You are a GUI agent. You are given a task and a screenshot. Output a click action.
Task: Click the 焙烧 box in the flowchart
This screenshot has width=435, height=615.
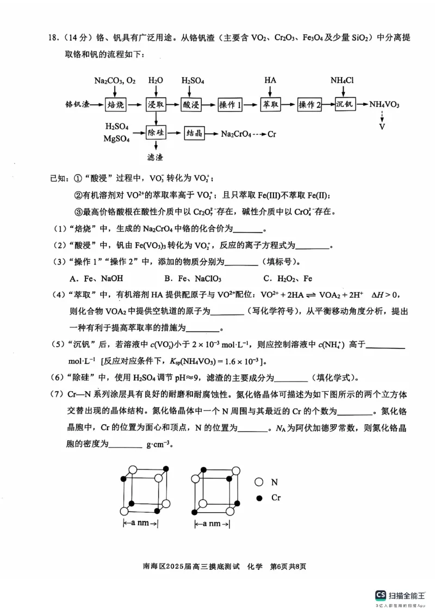(115, 104)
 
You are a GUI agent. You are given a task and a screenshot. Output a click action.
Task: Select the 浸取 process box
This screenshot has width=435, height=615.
(156, 104)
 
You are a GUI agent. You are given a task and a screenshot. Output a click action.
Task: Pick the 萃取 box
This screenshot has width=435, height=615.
(270, 104)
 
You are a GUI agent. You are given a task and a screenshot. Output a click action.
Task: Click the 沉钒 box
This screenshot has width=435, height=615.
(345, 104)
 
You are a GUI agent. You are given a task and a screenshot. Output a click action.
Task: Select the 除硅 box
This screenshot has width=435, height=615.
(156, 132)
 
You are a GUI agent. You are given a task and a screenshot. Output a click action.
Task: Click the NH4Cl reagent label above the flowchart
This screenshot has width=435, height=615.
(342, 81)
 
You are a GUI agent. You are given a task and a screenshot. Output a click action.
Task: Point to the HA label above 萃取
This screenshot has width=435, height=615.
(270, 80)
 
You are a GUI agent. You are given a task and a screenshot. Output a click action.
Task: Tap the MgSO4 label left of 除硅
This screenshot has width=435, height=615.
(116, 139)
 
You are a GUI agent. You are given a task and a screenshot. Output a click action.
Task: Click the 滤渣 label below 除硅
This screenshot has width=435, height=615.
(156, 158)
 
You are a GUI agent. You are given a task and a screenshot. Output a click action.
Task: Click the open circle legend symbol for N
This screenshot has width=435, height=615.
(259, 482)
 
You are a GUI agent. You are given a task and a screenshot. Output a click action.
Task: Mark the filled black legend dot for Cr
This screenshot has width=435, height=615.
(259, 498)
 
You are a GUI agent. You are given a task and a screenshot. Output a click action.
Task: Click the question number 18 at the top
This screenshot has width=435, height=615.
(53, 38)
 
